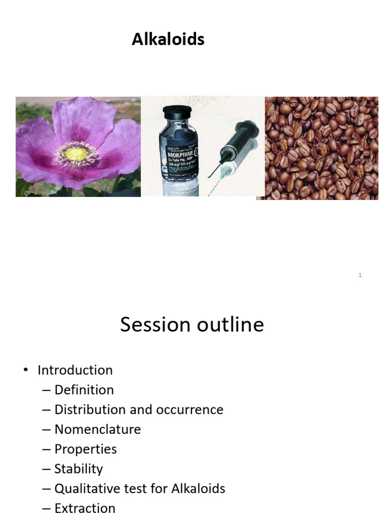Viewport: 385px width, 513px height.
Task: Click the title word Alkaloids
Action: pos(168,40)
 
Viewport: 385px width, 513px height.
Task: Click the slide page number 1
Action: pos(360,275)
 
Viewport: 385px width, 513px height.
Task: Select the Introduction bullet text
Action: pos(75,370)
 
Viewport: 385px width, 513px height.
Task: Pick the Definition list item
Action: pos(84,390)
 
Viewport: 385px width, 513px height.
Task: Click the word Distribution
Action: pos(90,409)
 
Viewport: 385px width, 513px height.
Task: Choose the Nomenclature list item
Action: pos(98,429)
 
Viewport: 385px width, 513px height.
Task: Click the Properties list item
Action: pos(86,449)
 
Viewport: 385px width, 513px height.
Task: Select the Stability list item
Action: pos(79,469)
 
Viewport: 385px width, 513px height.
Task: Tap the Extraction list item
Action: pos(85,508)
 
